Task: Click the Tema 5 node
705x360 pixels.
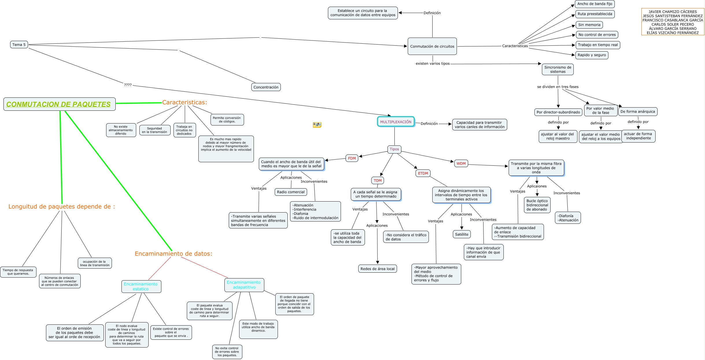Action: (x=19, y=45)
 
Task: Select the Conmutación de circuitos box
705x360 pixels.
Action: (x=432, y=46)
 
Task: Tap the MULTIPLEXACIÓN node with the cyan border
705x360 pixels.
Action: (x=396, y=122)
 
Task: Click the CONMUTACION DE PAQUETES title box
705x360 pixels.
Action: (x=59, y=104)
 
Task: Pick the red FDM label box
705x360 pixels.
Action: (x=352, y=158)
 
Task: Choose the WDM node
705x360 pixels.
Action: (x=461, y=163)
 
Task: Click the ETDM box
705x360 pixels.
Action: (x=423, y=173)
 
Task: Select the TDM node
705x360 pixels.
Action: (x=377, y=180)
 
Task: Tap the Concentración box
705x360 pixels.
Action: (x=266, y=87)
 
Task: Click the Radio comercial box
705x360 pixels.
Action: (x=291, y=192)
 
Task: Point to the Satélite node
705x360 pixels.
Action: (x=462, y=234)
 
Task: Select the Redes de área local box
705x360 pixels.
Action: (x=377, y=269)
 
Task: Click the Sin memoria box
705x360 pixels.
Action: (x=589, y=25)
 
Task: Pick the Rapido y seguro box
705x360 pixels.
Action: (x=592, y=55)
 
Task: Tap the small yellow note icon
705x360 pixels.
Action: (x=317, y=125)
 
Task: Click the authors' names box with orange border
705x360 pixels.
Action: (x=673, y=22)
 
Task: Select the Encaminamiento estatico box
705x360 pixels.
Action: (x=141, y=286)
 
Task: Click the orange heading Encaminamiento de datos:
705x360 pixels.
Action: (x=173, y=254)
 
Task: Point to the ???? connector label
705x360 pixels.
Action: (x=128, y=85)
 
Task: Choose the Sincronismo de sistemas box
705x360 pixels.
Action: (x=558, y=69)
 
